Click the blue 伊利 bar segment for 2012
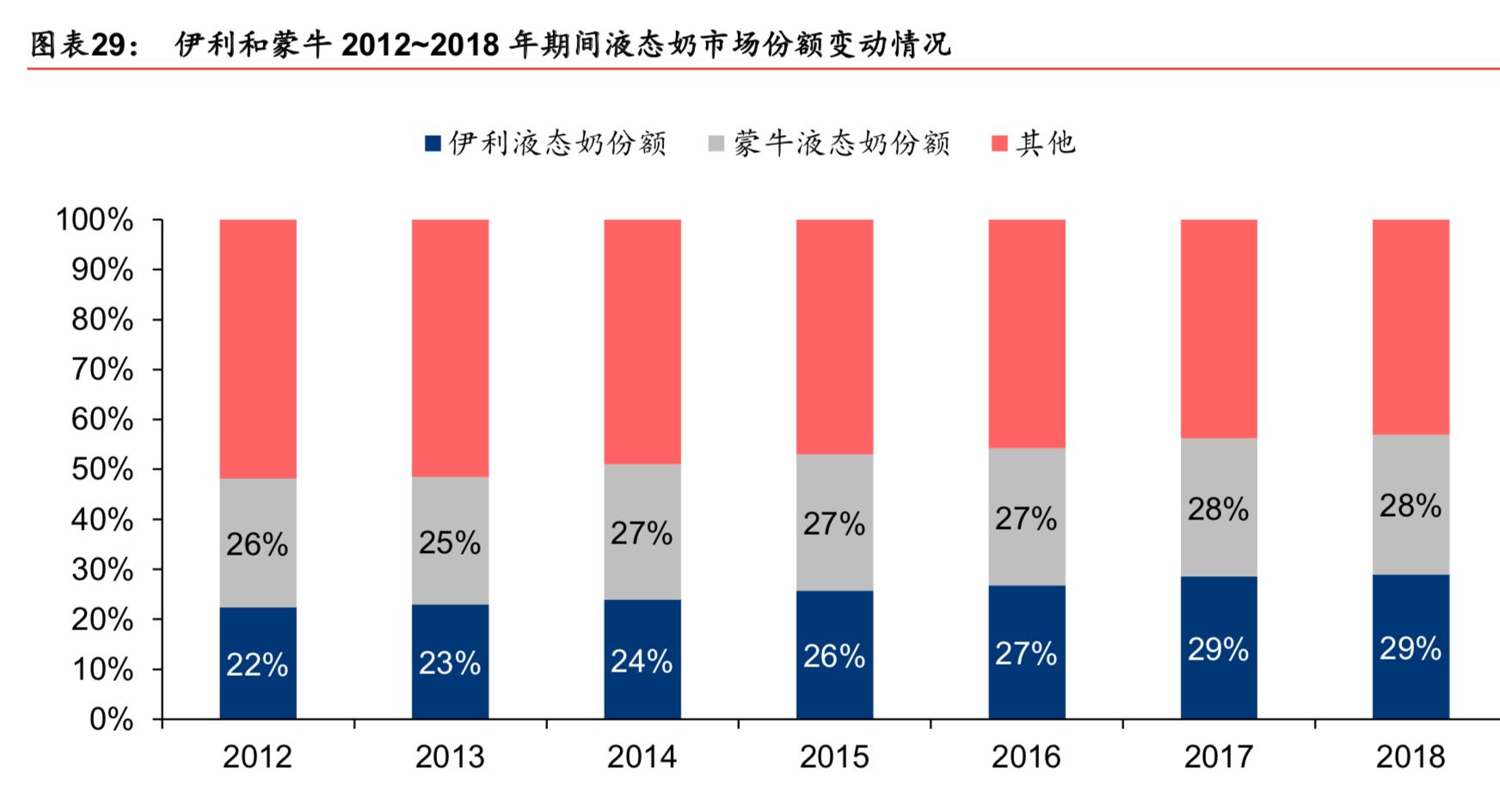(258, 636)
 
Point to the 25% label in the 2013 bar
(450, 543)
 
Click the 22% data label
(257, 665)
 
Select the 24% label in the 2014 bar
(642, 661)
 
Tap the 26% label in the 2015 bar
(834, 656)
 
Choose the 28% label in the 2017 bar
(1218, 509)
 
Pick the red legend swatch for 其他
(999, 144)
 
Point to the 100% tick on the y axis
(95, 220)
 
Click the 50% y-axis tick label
(101, 470)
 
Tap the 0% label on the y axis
(111, 719)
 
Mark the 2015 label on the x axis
(834, 757)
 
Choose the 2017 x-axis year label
(1218, 757)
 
